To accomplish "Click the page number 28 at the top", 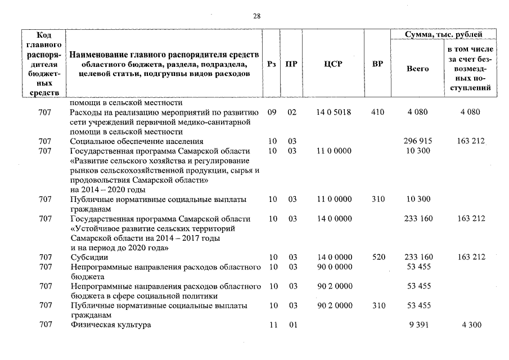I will point(256,16).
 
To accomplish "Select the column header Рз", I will point(272,64).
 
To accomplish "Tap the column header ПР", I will point(291,64).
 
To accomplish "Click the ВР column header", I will point(377,64).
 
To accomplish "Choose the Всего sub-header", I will point(417,69).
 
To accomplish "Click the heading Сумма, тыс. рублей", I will point(445,35).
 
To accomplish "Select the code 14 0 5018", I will point(334,112).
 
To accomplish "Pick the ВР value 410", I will point(378,112).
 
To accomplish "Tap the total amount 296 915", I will point(417,141).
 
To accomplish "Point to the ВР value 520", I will point(378,257).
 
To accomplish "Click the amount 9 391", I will point(417,325).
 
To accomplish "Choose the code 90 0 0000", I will point(334,267).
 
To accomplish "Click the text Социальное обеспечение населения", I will point(137,141).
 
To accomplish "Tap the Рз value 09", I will point(272,112).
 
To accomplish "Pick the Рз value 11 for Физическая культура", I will point(272,325).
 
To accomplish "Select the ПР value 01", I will point(292,325).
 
